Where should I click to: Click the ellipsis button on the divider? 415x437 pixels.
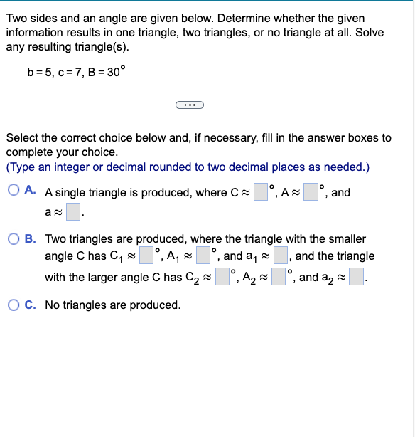coord(189,106)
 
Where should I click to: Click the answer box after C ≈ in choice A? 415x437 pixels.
coord(261,192)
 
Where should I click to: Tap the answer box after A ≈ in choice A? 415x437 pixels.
coord(311,192)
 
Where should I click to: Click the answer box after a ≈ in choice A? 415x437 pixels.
coord(73,211)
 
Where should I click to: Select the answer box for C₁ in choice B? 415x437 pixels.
coord(146,256)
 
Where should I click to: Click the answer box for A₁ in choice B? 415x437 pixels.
coord(203,256)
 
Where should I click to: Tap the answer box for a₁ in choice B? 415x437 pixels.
coord(280,256)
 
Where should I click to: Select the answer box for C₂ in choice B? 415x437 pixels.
coord(222,277)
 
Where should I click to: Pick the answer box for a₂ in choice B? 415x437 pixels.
coord(356,277)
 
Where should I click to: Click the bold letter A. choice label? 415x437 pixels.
coord(31,191)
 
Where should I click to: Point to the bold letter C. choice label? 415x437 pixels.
coord(31,305)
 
